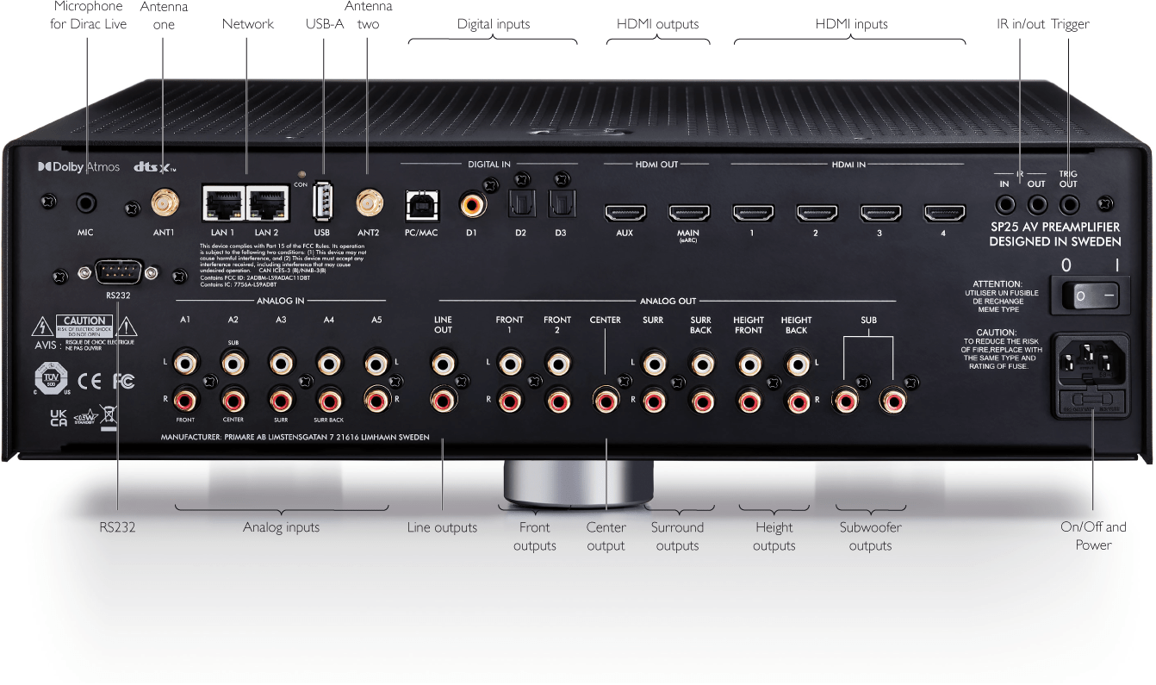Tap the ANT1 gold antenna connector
tap(163, 204)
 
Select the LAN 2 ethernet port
tap(265, 204)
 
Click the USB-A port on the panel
tap(322, 203)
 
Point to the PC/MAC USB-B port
tap(422, 206)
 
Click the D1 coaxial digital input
tap(472, 206)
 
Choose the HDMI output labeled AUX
tap(625, 211)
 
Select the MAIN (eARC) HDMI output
tap(689, 211)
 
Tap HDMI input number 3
tap(879, 211)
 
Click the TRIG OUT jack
tap(1069, 204)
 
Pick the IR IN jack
tap(1005, 204)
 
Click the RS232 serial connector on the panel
tap(116, 273)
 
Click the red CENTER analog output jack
tap(605, 399)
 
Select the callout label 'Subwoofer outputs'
tap(869, 536)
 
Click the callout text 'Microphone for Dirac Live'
tap(89, 16)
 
